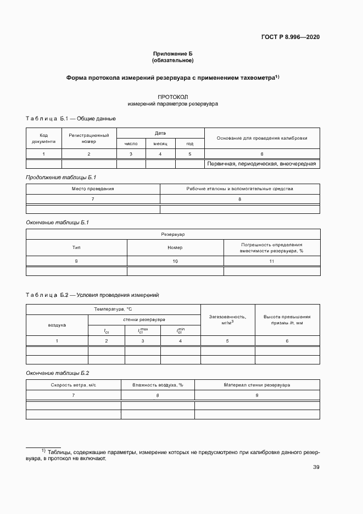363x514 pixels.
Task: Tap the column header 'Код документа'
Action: click(44, 138)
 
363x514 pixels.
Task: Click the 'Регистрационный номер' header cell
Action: click(89, 138)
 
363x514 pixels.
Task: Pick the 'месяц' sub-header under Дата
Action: click(160, 143)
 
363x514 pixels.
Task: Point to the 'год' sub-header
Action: click(189, 143)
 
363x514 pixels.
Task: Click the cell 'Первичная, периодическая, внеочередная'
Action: click(262, 164)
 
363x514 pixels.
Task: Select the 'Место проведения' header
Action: click(93, 189)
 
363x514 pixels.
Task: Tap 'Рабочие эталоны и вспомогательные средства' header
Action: click(240, 189)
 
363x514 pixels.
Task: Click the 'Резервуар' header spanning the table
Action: click(173, 234)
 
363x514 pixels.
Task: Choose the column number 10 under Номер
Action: click(175, 261)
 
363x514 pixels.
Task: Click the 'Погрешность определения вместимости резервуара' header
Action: click(271, 247)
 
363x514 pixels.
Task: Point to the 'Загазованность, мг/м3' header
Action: click(228, 320)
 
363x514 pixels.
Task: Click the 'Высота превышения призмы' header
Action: click(287, 320)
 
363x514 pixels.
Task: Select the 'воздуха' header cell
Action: click(57, 325)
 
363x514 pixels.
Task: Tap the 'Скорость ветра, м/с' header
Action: click(74, 385)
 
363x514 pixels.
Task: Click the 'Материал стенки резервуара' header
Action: click(257, 385)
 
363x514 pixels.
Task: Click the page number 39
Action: click(316, 467)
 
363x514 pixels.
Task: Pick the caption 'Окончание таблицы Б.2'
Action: click(54, 373)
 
